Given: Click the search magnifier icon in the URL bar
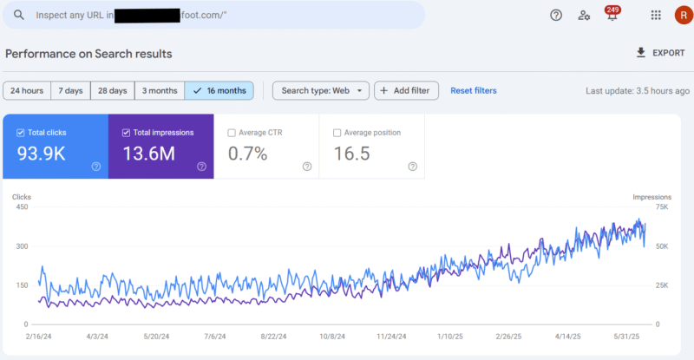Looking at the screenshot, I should pos(18,16).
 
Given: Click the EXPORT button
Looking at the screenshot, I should pos(660,53).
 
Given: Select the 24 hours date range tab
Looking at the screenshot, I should pos(27,90).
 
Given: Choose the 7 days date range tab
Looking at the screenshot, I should pos(72,90).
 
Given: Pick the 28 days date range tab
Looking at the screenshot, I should pos(113,90).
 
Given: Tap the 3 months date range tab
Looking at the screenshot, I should pos(160,90).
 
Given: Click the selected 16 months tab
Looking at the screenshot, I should pos(219,90).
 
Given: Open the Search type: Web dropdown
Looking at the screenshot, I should pos(321,90).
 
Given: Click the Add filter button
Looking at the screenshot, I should pos(407,90).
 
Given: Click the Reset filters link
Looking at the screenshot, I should pos(473,90).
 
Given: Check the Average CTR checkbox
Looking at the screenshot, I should pos(232,133).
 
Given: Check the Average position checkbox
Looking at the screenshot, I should pos(337,133).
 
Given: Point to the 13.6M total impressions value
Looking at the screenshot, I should pos(149,154).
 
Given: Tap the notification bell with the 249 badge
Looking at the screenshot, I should pos(612,16).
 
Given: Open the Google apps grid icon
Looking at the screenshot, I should pos(656,16).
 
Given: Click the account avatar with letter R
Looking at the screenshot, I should pos(682,16).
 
